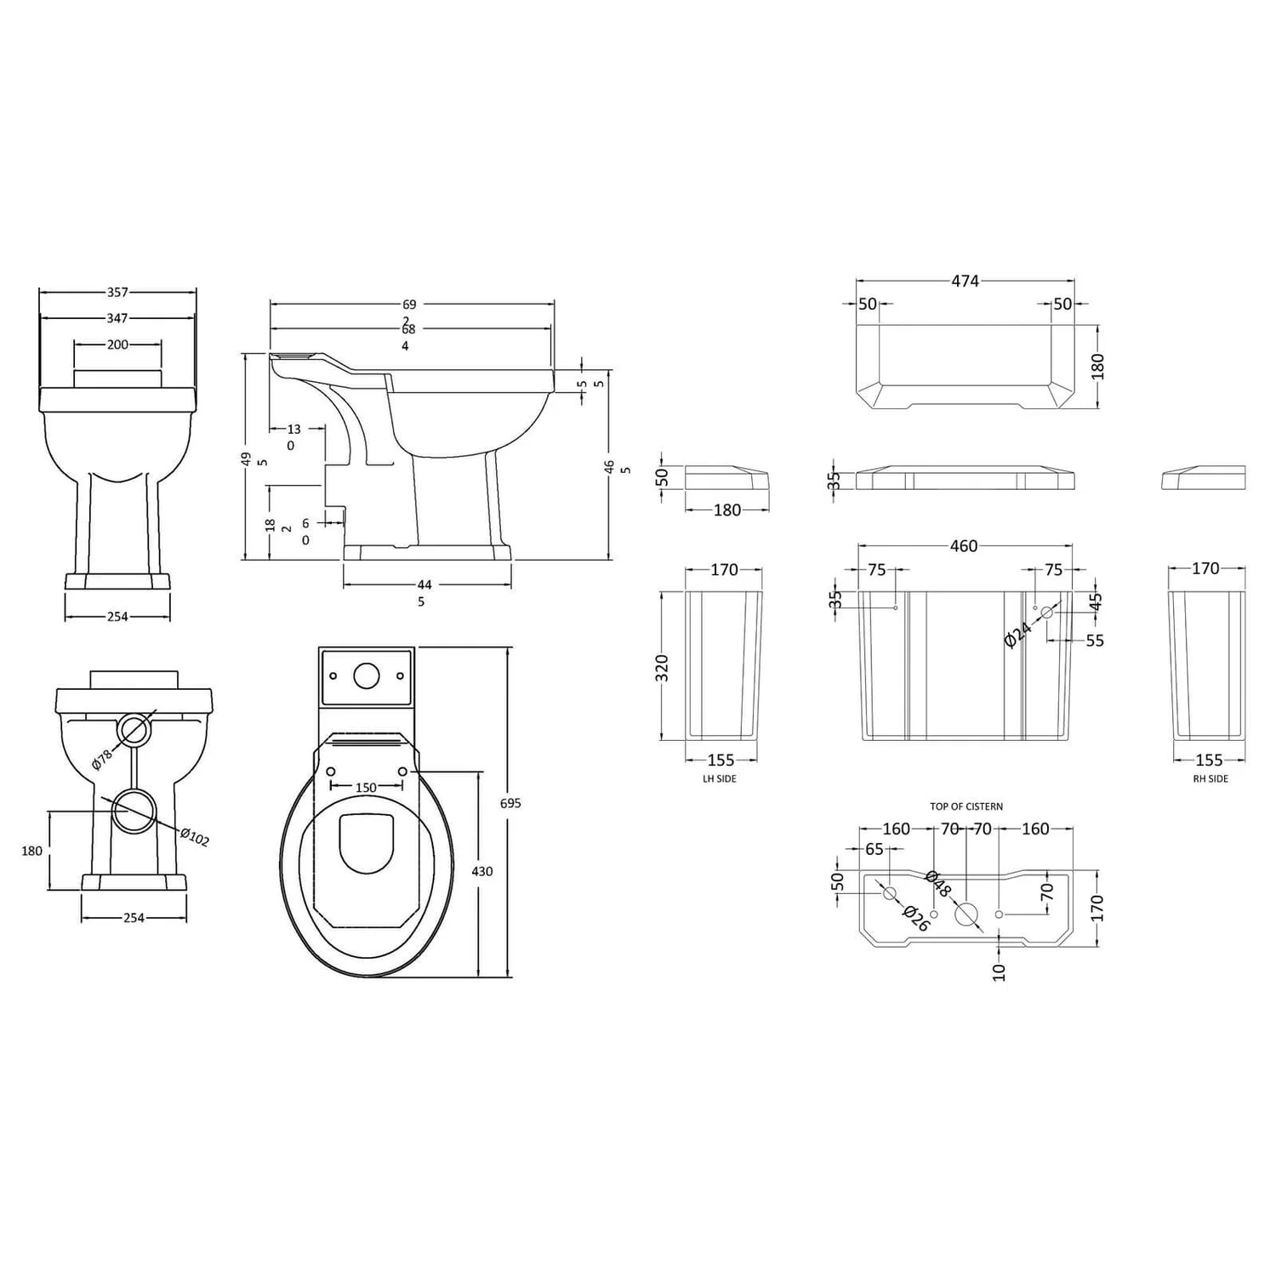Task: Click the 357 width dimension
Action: click(117, 292)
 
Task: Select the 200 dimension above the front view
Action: click(117, 345)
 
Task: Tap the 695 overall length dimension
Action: click(510, 803)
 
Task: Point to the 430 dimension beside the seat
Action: click(481, 871)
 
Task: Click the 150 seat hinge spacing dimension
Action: click(366, 788)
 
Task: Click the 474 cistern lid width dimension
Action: click(965, 281)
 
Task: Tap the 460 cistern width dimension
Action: click(963, 546)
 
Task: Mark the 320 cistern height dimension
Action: click(664, 668)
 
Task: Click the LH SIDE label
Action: click(720, 778)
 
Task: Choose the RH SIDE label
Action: click(1210, 778)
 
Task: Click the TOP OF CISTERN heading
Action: click(966, 806)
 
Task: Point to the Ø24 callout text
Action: click(1017, 635)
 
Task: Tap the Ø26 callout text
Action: click(915, 918)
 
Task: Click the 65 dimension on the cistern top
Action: click(874, 849)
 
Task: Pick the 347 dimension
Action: click(117, 318)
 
